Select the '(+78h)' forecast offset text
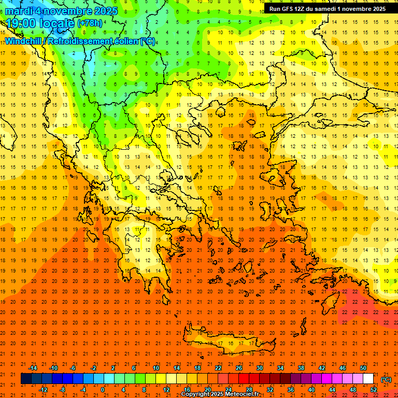click(90, 23)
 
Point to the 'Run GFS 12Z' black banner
click(327, 9)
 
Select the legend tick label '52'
click(373, 390)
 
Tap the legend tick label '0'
click(103, 390)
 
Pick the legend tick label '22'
click(218, 368)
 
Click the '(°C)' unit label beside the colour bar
click(386, 379)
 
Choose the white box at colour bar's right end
click(368, 379)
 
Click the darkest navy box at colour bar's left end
click(26, 379)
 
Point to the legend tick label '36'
click(290, 390)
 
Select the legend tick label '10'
click(155, 368)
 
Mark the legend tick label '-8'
click(62, 390)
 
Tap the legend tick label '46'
click(342, 368)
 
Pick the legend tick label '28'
click(249, 390)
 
